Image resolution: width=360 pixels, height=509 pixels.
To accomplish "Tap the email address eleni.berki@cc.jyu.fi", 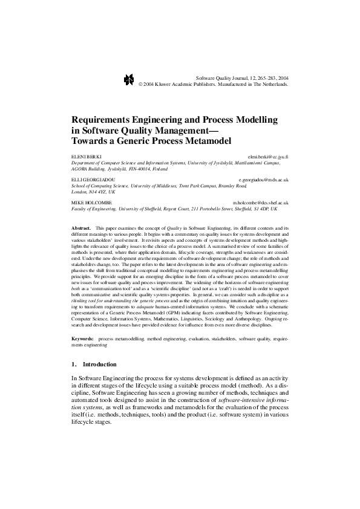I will (x=269, y=156).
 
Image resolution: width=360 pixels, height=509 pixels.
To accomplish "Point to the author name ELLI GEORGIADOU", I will (x=92, y=180).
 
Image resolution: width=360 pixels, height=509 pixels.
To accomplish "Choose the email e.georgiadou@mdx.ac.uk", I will (x=264, y=180).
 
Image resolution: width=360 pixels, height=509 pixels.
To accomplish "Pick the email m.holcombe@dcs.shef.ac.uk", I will (x=261, y=203).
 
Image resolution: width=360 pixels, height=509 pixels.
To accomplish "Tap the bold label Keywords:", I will (x=83, y=340).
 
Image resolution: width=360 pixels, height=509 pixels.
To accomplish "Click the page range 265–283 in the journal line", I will (x=263, y=78).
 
